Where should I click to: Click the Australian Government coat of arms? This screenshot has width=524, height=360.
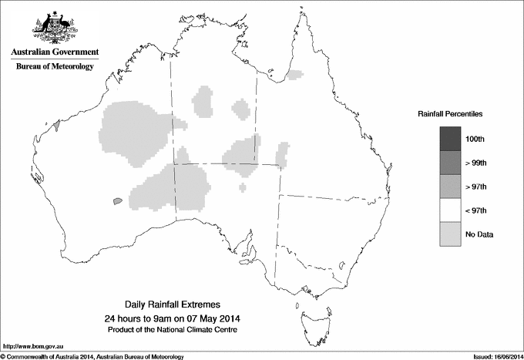pos(54,26)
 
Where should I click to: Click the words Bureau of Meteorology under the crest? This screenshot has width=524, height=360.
pos(54,67)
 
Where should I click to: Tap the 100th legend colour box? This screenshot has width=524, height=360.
pos(451,139)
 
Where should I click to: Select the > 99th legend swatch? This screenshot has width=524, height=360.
pos(451,163)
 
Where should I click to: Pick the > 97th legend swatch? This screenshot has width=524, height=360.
pos(451,187)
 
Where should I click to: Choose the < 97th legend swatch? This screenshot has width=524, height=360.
pos(451,210)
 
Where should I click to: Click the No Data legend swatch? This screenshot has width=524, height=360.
pos(451,234)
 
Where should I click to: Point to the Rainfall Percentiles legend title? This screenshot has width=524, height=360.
pos(450,114)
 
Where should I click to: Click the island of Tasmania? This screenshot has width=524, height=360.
pos(307,311)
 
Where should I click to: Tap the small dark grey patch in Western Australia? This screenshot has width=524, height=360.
pos(117,200)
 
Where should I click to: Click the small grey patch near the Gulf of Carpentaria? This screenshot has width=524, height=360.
pos(294,75)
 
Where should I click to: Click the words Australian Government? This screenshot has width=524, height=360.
pos(54,52)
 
